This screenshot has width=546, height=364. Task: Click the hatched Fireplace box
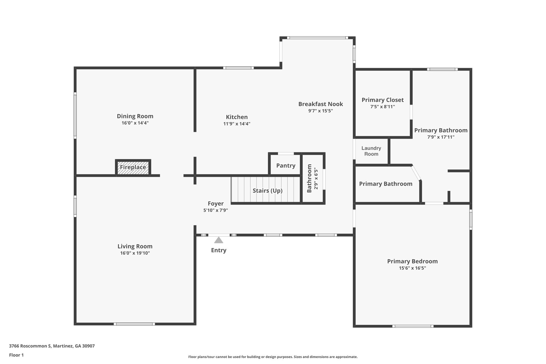click(133, 167)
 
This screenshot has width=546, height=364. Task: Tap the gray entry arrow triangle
click(219, 240)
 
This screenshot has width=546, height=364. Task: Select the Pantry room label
click(286, 166)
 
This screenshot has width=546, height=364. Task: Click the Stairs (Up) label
click(267, 191)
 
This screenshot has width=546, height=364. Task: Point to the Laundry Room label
click(371, 151)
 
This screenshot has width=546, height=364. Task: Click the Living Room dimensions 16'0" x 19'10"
click(135, 253)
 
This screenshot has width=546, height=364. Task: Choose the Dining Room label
click(135, 116)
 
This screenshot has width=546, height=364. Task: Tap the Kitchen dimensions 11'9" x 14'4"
click(237, 124)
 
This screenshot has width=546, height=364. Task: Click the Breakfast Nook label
click(320, 104)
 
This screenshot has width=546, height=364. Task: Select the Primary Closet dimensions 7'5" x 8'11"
click(382, 107)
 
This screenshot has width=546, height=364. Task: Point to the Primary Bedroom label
click(412, 261)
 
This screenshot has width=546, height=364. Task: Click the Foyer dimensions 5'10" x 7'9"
click(215, 210)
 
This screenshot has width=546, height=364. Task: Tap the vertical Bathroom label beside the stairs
click(309, 178)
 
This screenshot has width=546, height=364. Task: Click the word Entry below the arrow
click(219, 250)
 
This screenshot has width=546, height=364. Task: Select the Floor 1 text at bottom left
click(16, 355)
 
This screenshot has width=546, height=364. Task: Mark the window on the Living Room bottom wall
click(134, 324)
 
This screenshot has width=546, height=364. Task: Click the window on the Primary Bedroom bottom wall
click(412, 326)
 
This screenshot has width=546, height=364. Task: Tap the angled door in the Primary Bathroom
click(416, 173)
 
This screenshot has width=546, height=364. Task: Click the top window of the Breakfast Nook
click(317, 38)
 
